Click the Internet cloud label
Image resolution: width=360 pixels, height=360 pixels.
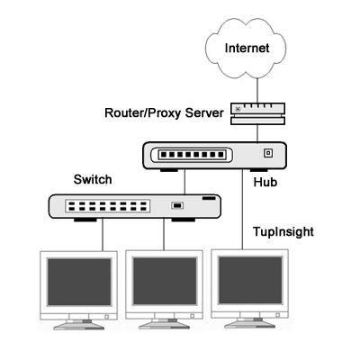(247, 48)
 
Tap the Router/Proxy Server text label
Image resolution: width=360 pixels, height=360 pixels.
(164, 113)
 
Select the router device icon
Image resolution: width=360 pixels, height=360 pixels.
(257, 113)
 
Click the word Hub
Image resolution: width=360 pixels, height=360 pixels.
(265, 182)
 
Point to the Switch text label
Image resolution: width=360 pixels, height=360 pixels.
(93, 179)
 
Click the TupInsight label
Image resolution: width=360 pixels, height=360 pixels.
(283, 232)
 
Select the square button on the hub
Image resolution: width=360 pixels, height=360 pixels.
(268, 153)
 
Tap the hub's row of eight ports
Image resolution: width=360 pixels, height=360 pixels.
(193, 155)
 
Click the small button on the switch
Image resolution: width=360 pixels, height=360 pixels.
(177, 205)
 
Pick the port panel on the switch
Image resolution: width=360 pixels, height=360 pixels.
(107, 206)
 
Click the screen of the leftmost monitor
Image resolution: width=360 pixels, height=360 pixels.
(79, 282)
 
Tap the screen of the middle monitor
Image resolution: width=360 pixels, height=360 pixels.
(165, 281)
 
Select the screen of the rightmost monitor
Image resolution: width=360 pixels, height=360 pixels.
(250, 280)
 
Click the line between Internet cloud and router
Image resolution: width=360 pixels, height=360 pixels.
(257, 91)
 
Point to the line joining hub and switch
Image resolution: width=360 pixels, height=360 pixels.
(184, 182)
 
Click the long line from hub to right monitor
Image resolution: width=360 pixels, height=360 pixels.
(242, 209)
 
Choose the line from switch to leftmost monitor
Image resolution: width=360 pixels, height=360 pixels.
(103, 235)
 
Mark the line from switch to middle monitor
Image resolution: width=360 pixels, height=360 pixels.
(164, 234)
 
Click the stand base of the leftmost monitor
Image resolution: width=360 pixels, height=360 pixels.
(79, 326)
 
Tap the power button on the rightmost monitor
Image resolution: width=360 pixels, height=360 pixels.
(278, 315)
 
